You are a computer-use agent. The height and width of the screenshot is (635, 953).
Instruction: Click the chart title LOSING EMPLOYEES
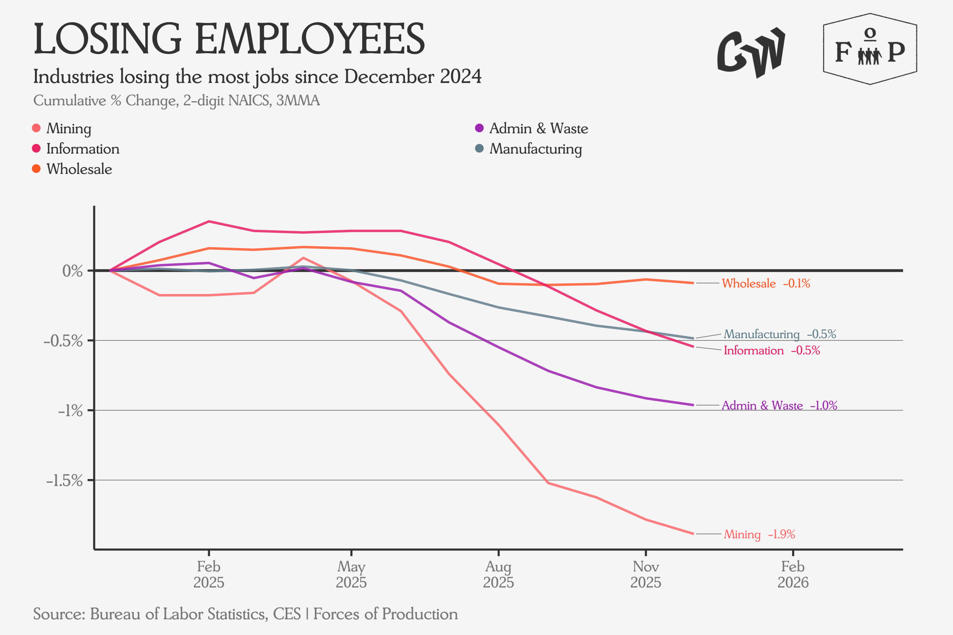tap(229, 39)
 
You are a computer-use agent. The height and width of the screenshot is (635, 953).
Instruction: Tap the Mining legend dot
tap(36, 128)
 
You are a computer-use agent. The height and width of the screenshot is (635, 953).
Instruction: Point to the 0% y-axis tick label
tap(73, 271)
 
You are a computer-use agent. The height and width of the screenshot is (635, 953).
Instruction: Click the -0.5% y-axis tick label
tap(63, 341)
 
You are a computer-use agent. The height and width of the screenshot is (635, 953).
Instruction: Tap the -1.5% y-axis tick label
tap(64, 481)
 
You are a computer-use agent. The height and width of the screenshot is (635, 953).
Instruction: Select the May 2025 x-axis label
tap(351, 574)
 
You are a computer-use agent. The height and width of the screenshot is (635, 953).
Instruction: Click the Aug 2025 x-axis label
tap(498, 574)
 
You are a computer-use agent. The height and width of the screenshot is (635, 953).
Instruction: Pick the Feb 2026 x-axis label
tap(793, 574)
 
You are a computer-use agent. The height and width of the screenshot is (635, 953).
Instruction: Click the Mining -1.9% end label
tap(759, 535)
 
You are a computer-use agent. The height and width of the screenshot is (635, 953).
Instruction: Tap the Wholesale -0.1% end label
tap(766, 283)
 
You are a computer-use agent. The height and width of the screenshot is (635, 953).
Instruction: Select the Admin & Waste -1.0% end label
tap(779, 405)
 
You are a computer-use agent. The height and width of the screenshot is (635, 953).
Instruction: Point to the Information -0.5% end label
tap(772, 350)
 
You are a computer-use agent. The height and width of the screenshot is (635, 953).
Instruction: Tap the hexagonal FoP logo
tap(870, 49)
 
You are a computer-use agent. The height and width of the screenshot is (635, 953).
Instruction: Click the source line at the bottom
tap(245, 614)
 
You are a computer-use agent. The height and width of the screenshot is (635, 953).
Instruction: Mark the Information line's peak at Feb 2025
tap(209, 221)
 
